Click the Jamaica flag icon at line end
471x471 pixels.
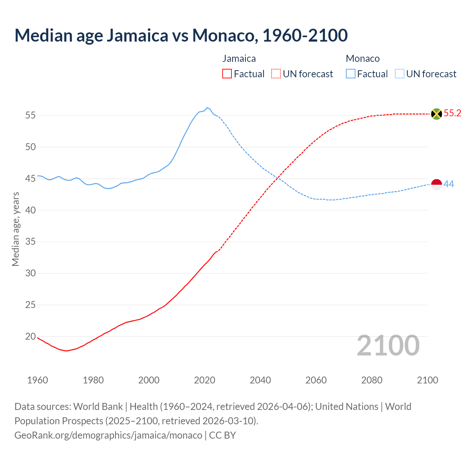point(436,114)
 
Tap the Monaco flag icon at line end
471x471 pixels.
point(436,184)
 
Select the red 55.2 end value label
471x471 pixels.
point(452,113)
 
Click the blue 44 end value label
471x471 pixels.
point(449,184)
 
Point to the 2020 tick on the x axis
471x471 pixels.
point(204,380)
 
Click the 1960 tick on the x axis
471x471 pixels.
point(38,380)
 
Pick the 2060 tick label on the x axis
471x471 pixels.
point(316,380)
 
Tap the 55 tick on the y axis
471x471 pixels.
point(31,115)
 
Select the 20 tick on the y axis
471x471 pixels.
point(31,336)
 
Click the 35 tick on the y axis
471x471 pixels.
point(31,242)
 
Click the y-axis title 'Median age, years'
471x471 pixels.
point(15,229)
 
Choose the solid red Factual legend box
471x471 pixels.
point(227,74)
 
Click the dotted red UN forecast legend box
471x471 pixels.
point(276,74)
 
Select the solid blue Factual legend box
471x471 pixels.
point(351,74)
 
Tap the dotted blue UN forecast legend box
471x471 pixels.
point(399,74)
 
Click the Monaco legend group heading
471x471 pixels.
point(362,59)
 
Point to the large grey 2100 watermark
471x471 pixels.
point(388,346)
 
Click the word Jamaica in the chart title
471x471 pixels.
point(137,35)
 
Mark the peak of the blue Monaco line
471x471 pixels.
point(207,107)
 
